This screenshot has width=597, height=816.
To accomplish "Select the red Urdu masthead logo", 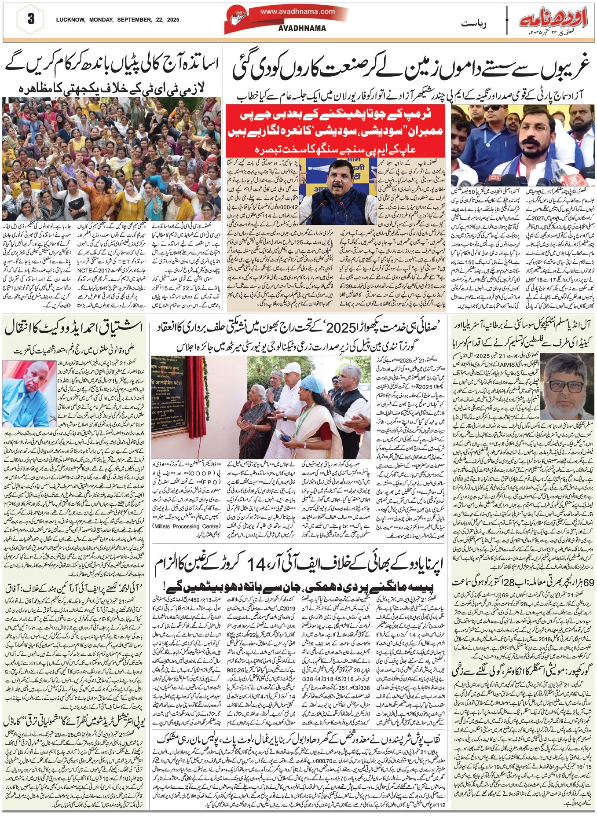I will tap(554, 18).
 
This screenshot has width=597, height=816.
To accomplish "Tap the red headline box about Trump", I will tap(337, 131).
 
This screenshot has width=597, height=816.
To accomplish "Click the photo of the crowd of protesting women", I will tap(111, 159).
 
